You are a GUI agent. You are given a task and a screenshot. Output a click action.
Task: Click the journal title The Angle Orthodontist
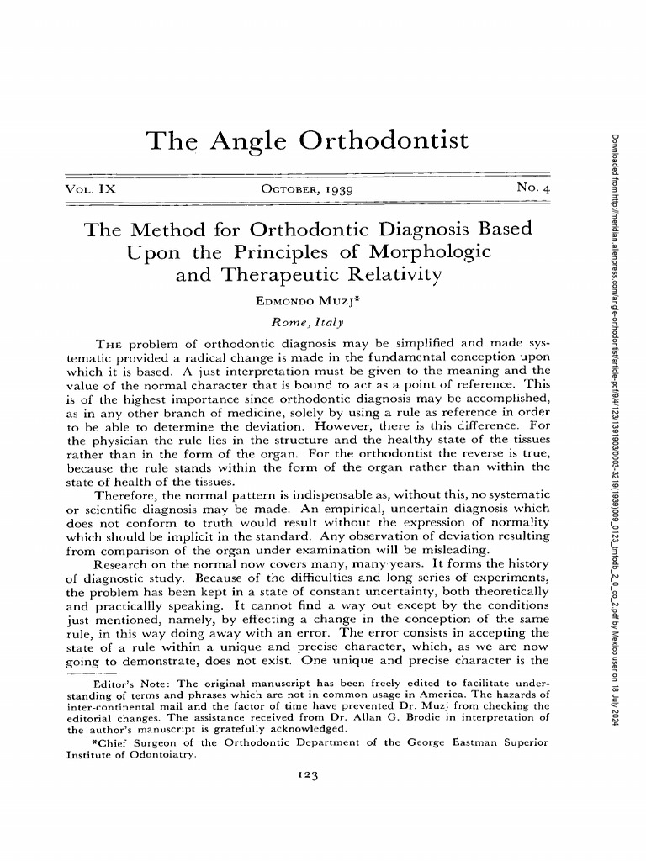pos(307,141)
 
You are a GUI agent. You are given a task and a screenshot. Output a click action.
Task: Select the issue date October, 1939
pos(308,191)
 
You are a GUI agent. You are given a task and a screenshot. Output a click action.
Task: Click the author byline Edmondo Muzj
pos(307,300)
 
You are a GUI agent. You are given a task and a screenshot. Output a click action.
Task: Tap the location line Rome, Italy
pos(307,321)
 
